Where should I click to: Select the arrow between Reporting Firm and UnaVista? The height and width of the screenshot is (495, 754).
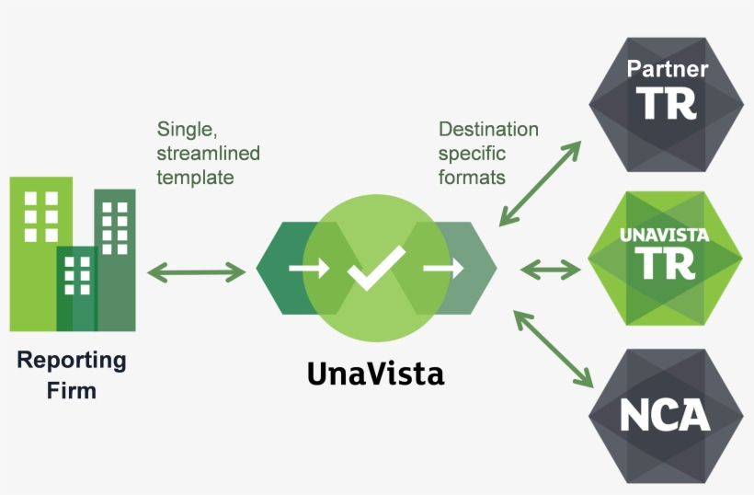[197, 271]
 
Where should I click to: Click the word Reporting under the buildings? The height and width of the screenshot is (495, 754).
[71, 359]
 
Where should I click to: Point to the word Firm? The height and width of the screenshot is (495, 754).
[72, 390]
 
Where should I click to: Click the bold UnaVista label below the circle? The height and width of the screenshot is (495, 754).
[375, 374]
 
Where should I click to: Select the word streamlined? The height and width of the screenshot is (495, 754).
[208, 153]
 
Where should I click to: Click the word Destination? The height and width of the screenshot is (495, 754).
[488, 129]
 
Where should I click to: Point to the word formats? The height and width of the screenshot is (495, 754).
[472, 177]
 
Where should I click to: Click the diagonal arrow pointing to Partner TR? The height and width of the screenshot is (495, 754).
[541, 185]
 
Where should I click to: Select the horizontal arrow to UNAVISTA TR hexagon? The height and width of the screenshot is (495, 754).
[551, 270]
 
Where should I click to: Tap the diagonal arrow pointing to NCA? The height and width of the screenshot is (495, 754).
[553, 348]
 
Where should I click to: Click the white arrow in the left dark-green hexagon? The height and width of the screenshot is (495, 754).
[307, 269]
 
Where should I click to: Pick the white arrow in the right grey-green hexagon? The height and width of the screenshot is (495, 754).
[442, 269]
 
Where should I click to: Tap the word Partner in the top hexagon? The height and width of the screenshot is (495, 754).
[668, 69]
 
